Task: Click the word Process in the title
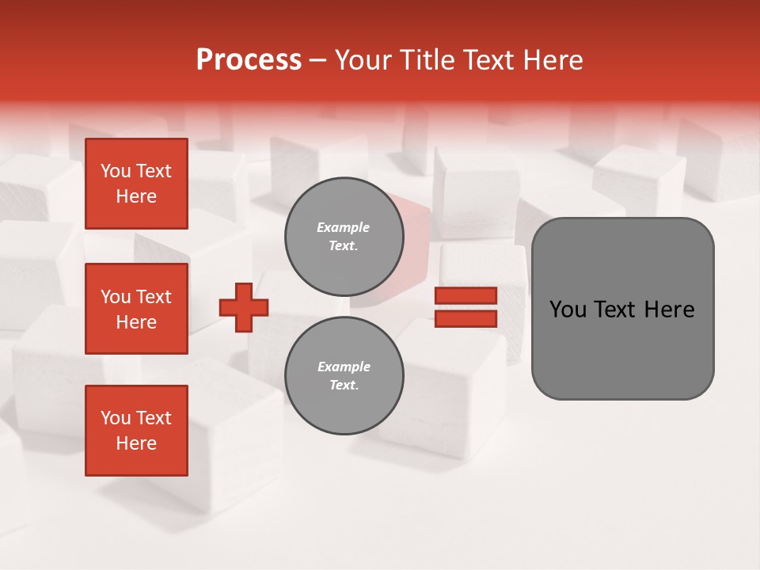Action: point(249,60)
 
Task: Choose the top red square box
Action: point(136,184)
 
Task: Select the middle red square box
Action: point(136,309)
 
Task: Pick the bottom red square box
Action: point(136,431)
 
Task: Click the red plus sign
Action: point(244,308)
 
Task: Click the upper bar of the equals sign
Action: point(465,295)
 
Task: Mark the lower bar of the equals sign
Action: point(465,319)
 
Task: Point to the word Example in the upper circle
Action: point(344,227)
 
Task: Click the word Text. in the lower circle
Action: point(344,386)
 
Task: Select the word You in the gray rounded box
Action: point(568,310)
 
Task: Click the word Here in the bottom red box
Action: point(136,443)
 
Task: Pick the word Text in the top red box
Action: point(154,171)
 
